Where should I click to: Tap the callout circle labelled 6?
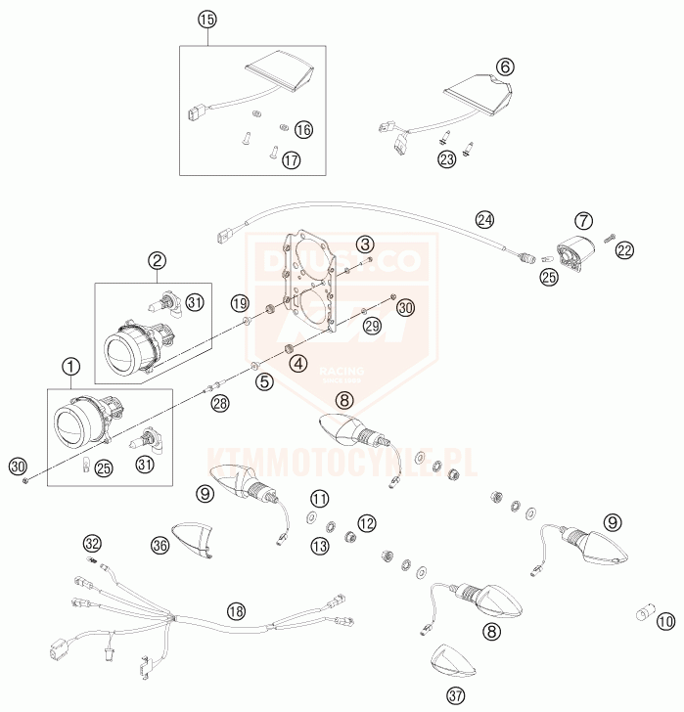point(505,67)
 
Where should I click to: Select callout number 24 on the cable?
point(486,219)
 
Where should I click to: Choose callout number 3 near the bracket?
point(364,244)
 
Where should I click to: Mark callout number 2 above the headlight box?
point(157,260)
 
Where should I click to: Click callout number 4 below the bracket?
point(297,365)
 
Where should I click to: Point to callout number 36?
point(160,544)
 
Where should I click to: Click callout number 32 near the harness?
point(92,542)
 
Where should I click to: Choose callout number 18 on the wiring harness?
point(234,610)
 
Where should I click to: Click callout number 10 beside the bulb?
point(665,619)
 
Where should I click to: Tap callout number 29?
point(372,326)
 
